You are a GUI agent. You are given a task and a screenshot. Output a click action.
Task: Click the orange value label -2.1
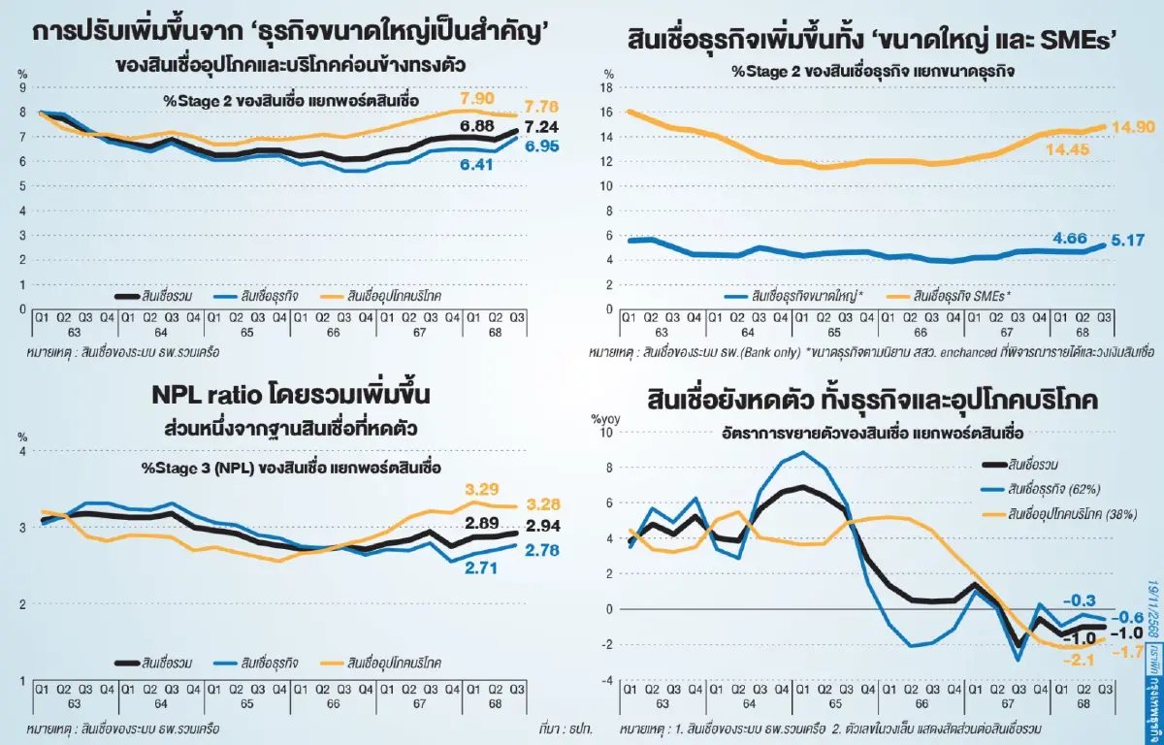point(1080,661)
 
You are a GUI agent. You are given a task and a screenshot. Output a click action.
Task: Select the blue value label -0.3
point(1085,599)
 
